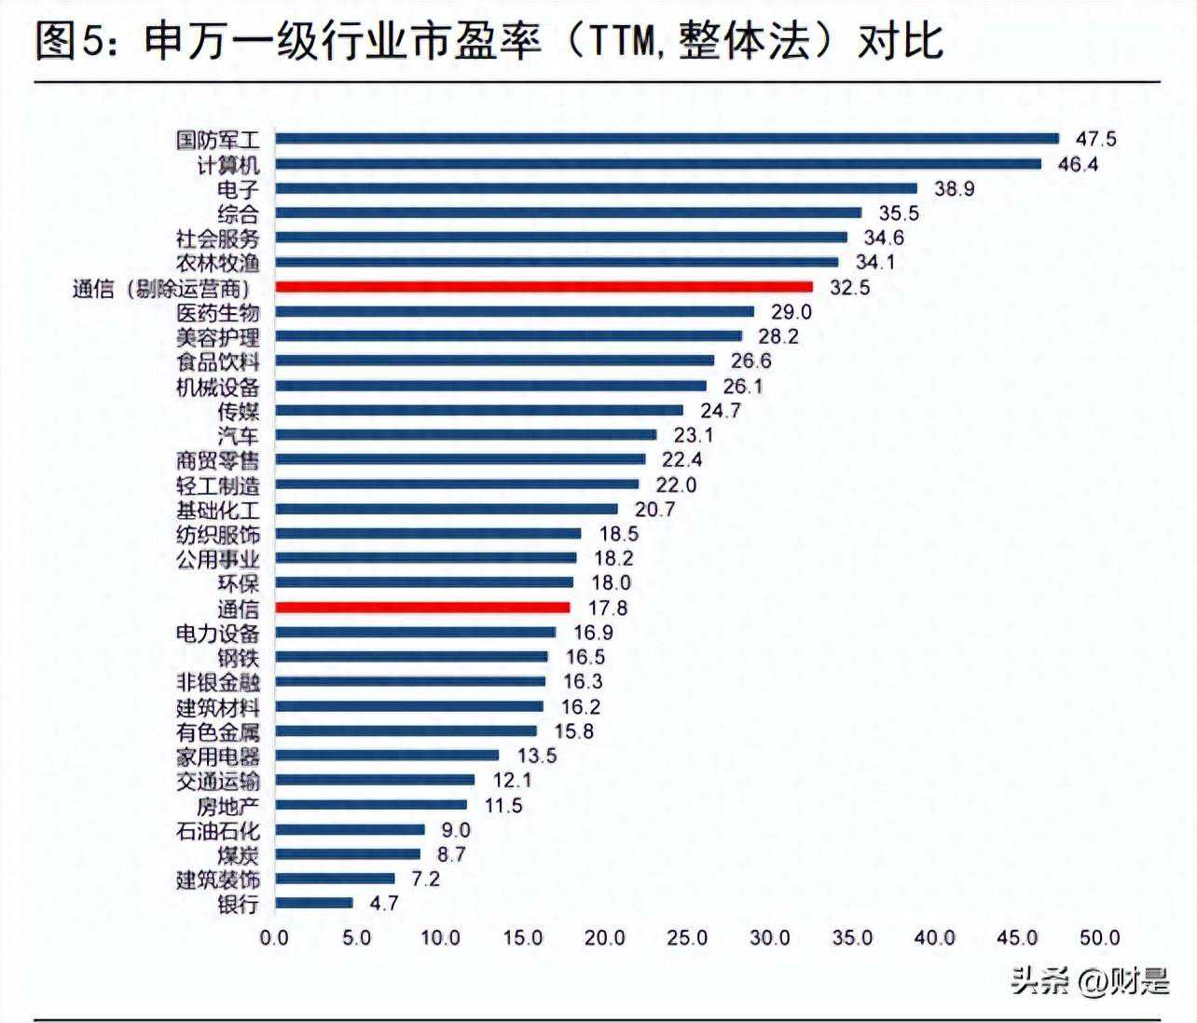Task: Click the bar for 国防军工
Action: (x=667, y=139)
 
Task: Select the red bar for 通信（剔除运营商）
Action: (x=543, y=287)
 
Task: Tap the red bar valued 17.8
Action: (x=422, y=607)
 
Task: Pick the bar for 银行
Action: (x=314, y=903)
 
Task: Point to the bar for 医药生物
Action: (x=515, y=311)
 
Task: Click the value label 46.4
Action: (x=1078, y=164)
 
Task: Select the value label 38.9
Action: (x=954, y=188)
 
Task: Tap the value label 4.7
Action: (x=383, y=903)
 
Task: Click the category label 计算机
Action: (x=228, y=165)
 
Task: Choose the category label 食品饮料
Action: (x=218, y=361)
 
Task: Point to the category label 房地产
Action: (x=228, y=805)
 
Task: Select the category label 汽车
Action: (x=239, y=435)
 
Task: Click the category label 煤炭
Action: (x=239, y=854)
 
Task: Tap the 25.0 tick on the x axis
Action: (x=687, y=937)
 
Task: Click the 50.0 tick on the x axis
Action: (x=1099, y=937)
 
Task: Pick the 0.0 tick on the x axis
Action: (x=274, y=937)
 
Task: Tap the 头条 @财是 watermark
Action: (x=1090, y=980)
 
